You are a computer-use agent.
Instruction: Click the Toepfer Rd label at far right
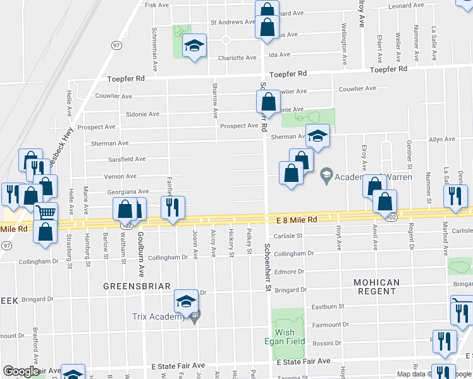point(391,70)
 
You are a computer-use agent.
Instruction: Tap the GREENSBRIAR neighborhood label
point(137,286)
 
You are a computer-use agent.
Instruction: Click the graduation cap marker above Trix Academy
point(187,301)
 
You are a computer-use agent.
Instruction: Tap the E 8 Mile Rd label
point(297,220)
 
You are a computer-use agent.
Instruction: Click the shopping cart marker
point(46,213)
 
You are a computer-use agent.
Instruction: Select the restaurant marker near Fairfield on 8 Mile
point(172,206)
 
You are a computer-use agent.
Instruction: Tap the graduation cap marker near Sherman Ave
point(317,135)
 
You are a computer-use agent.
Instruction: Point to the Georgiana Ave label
point(128,191)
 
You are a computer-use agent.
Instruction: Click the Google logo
point(21,371)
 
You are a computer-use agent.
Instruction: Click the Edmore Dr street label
point(289,272)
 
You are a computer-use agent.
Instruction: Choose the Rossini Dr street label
point(326,343)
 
